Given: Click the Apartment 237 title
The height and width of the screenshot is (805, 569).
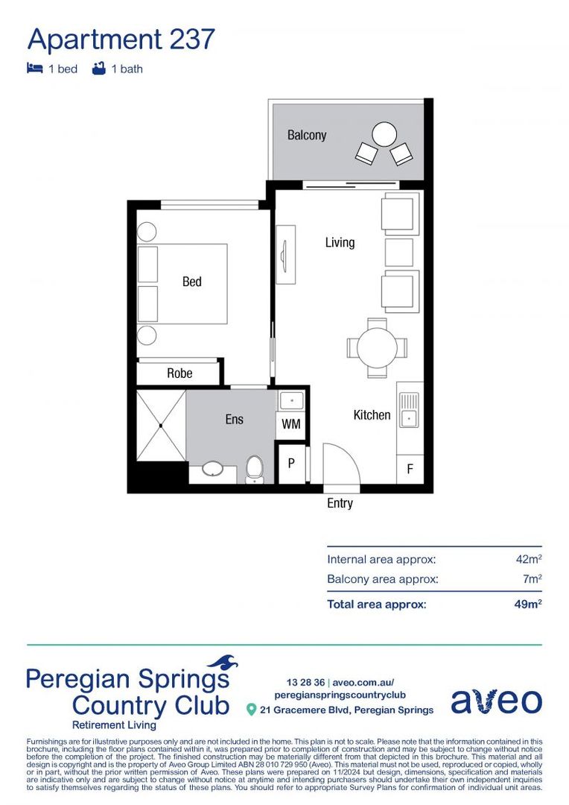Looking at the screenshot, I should tap(121, 39).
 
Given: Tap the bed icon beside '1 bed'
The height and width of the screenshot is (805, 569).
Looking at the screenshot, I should tap(34, 69).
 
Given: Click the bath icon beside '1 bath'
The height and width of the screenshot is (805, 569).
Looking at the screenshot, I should tap(98, 69).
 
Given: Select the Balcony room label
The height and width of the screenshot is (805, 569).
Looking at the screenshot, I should tap(307, 135).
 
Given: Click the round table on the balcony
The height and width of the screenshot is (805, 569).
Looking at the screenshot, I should tap(384, 135).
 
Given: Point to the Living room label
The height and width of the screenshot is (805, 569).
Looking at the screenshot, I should tap(340, 242).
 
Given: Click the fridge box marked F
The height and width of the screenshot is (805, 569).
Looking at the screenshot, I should tap(410, 470).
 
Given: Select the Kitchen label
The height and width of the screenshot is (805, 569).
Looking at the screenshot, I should tap(372, 415).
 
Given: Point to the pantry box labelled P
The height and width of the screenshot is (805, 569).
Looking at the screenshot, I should tap(291, 463).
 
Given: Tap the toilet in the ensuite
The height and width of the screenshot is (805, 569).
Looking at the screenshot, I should tap(255, 470).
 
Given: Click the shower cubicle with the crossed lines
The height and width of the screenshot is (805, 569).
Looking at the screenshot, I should tap(161, 426).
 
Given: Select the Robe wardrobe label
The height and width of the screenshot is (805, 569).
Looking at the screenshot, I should tap(179, 373).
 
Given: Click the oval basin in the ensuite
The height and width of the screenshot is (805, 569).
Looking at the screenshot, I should tap(213, 470).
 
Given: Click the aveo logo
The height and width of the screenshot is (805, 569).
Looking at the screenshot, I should tap(496, 701).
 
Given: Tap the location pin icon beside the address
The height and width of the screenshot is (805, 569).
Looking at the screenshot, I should tap(252, 710).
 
